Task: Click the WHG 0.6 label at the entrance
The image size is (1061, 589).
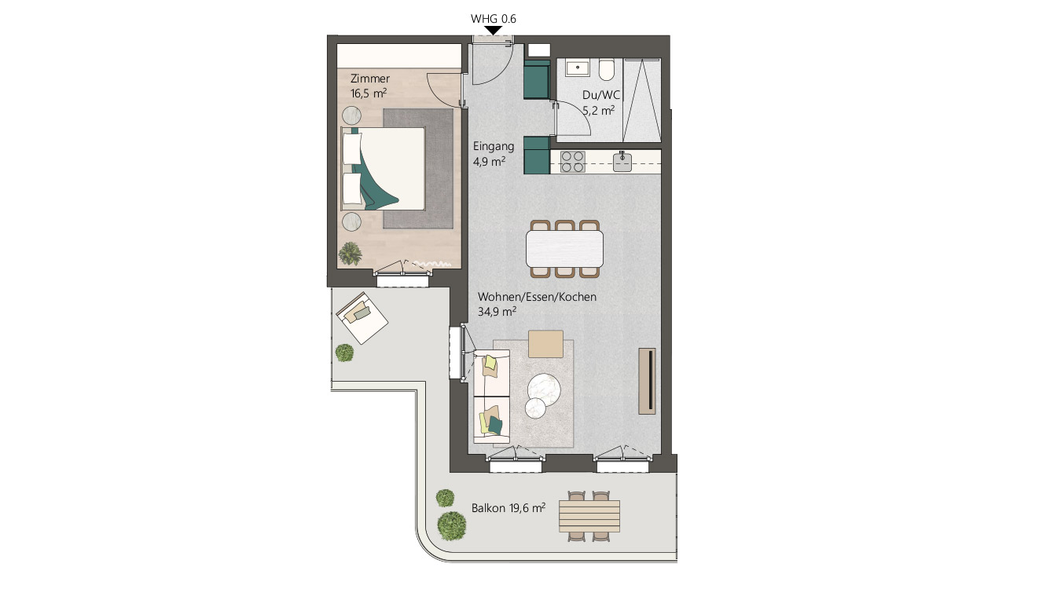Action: pos(493,18)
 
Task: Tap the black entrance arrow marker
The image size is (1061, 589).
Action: pos(493,31)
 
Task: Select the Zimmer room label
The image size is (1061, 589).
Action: pos(369,79)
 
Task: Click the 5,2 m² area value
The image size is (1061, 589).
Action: pos(598,111)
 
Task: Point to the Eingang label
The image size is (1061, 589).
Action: pos(494,146)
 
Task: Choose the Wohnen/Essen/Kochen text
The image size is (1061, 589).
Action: pos(537,298)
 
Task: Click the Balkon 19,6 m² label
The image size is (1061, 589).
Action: pos(508,508)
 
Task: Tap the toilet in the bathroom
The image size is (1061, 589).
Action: pos(607,71)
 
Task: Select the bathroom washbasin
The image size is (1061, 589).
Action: pos(578,68)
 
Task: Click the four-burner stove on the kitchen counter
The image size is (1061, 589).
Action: pos(573,161)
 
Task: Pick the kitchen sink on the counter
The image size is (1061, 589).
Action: pos(622,161)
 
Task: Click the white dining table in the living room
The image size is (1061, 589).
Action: pos(565,249)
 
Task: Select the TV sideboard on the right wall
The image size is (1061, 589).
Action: pos(647,380)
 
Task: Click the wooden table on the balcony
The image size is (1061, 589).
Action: pos(589,515)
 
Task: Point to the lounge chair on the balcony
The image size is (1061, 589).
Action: pos(362,317)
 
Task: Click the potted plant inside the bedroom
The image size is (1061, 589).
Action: pos(350,254)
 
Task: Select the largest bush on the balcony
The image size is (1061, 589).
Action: pos(452,525)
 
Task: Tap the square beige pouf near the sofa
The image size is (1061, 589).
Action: pos(546,344)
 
